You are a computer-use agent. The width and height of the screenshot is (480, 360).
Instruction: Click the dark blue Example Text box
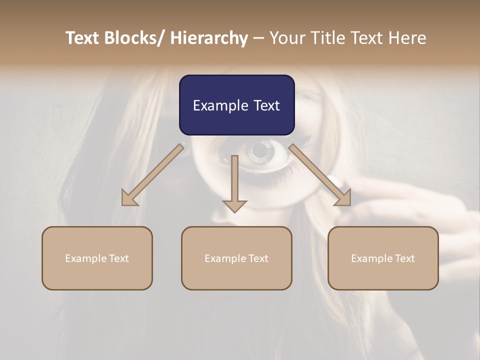click(236, 105)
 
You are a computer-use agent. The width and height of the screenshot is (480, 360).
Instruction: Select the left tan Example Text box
click(97, 258)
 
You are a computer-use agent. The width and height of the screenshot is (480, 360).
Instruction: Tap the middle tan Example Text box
click(236, 258)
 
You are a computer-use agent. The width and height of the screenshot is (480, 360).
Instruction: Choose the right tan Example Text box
click(383, 258)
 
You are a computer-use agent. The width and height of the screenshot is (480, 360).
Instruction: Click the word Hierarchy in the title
click(209, 38)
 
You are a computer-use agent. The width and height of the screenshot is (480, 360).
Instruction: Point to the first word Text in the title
click(83, 38)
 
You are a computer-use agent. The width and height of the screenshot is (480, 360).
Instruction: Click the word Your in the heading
click(286, 38)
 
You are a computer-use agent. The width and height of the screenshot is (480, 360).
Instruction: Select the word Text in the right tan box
click(404, 258)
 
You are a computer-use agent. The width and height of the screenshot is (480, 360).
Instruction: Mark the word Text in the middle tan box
click(258, 258)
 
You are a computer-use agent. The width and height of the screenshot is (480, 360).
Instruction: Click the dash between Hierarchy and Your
click(258, 38)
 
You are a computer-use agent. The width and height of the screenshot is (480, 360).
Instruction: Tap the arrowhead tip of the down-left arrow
click(123, 204)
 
